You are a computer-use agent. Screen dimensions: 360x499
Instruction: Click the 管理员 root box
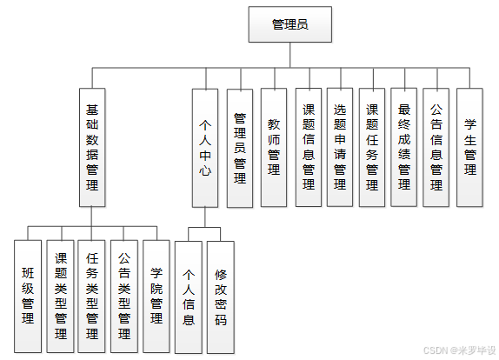click(289, 24)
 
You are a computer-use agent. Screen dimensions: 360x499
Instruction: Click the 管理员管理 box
click(240, 148)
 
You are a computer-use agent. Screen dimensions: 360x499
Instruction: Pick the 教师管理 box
click(274, 148)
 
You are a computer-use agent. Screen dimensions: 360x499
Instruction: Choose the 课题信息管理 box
click(308, 148)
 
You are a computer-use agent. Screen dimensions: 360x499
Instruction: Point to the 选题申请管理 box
click(340, 148)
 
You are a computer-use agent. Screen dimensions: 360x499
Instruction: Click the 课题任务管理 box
click(372, 148)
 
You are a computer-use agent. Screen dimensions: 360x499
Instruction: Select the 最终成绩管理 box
click(404, 148)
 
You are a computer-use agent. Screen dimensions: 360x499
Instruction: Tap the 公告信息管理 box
click(436, 148)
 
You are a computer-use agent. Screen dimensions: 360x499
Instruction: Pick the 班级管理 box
click(29, 296)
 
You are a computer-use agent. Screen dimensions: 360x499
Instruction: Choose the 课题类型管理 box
click(61, 296)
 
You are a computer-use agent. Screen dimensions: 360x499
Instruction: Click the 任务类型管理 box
click(92, 296)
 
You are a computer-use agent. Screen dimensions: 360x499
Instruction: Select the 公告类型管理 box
click(124, 296)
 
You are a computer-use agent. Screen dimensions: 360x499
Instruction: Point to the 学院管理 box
click(156, 296)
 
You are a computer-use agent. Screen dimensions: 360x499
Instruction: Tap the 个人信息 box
click(189, 296)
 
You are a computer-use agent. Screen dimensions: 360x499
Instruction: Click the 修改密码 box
click(221, 296)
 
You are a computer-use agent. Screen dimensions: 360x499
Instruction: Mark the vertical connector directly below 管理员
click(289, 54)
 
